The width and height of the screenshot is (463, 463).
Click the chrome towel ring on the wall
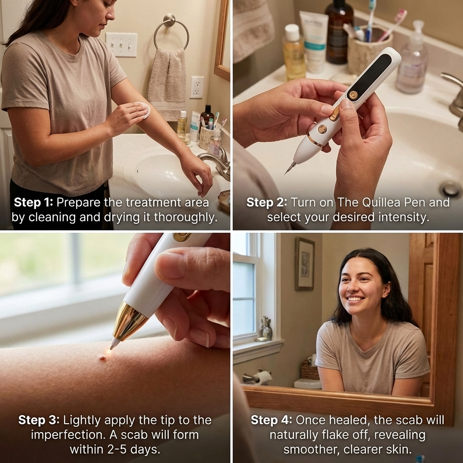coord(171,32)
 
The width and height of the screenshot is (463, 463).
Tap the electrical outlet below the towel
coord(197,87)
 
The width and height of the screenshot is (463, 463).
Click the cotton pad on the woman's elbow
coord(144,110)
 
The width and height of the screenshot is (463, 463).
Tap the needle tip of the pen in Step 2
coord(287,171)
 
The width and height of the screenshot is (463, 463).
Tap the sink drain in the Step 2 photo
coord(450,189)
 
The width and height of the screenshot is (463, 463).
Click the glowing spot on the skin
coord(104,356)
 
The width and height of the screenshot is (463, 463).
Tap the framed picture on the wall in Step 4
coord(304,264)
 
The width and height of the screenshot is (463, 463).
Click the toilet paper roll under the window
coord(263,377)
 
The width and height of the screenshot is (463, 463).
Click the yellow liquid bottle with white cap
coord(294,53)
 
